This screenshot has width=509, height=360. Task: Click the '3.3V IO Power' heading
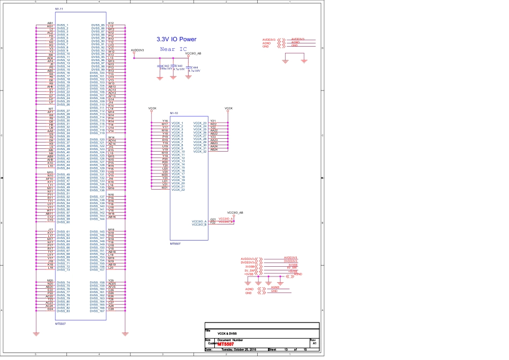pyautogui.click(x=176, y=39)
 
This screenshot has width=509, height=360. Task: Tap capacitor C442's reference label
pyautogui.click(x=166, y=65)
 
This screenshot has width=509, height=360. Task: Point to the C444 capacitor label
pyautogui.click(x=194, y=67)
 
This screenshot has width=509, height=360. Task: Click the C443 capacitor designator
pyautogui.click(x=179, y=65)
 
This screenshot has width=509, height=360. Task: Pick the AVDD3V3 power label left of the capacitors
pyautogui.click(x=137, y=49)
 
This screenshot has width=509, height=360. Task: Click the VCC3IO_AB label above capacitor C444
pyautogui.click(x=193, y=54)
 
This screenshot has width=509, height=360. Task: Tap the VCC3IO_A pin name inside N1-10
pyautogui.click(x=199, y=221)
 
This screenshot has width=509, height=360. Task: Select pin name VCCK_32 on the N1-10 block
pyautogui.click(x=200, y=152)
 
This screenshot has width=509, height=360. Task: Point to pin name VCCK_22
pyautogui.click(x=178, y=190)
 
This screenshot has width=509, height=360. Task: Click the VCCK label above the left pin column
pyautogui.click(x=152, y=108)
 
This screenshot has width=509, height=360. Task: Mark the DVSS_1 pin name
pyautogui.click(x=63, y=25)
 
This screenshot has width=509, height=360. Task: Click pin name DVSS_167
pyautogui.click(x=98, y=311)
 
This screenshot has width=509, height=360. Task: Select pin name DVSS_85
pyautogui.click(x=98, y=25)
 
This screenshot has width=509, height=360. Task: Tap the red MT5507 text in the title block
pyautogui.click(x=233, y=343)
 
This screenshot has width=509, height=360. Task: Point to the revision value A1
pyautogui.click(x=315, y=343)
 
